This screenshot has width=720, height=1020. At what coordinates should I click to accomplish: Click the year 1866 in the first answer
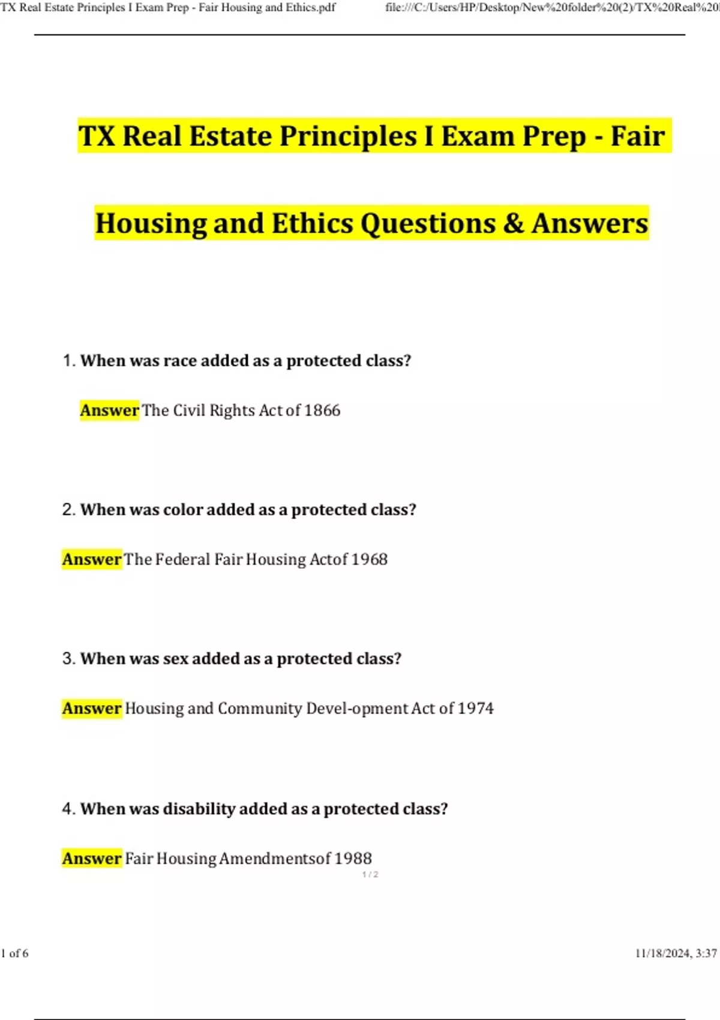(322, 410)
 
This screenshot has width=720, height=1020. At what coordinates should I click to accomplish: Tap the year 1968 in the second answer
(369, 559)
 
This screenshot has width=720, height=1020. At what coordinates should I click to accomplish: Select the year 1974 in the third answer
(475, 709)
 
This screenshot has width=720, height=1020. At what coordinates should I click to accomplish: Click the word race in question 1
(180, 361)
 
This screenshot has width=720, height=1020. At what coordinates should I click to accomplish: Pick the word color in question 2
(182, 510)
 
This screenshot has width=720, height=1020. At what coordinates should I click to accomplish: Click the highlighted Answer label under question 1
(109, 410)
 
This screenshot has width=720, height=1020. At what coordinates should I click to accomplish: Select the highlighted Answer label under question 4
(92, 859)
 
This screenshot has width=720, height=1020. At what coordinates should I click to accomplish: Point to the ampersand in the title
(513, 223)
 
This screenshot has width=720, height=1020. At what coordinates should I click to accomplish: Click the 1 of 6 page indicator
(14, 953)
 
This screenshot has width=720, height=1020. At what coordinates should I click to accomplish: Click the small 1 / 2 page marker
(370, 874)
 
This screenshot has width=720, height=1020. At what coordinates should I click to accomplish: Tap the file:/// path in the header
(552, 8)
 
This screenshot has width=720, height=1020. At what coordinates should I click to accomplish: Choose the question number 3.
(68, 659)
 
